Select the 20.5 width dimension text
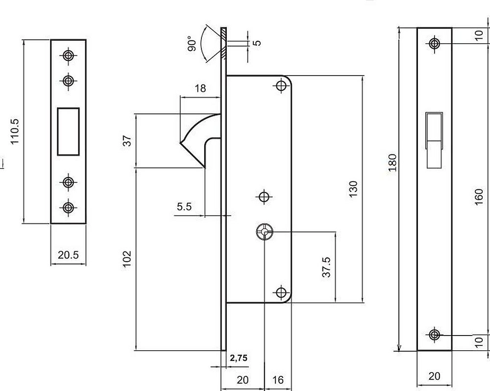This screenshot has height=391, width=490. [x=69, y=255]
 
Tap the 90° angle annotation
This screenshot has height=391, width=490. [x=192, y=43]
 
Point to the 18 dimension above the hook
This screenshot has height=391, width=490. [x=200, y=88]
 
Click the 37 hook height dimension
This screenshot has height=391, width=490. [x=127, y=141]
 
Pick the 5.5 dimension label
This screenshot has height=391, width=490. [x=184, y=207]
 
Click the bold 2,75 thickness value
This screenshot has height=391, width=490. [x=239, y=358]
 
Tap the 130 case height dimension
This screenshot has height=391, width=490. [x=353, y=189]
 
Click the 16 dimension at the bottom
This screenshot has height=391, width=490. [x=277, y=380]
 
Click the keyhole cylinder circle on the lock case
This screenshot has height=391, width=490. [x=264, y=232]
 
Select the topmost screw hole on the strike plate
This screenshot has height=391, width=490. [x=69, y=55]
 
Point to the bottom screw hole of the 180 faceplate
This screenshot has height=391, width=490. [x=434, y=335]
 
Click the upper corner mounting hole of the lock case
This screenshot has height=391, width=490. [x=281, y=86]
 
